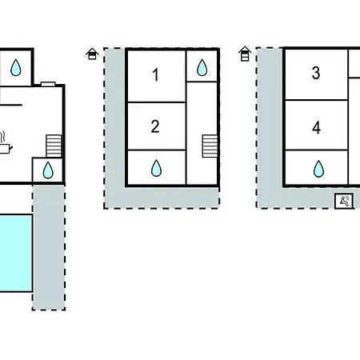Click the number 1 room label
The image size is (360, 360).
(x=156, y=74)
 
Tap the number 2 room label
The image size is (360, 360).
(x=155, y=126)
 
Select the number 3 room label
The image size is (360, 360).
(x=316, y=73)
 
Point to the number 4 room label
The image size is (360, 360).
(x=316, y=127)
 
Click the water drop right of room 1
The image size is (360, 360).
(x=202, y=67)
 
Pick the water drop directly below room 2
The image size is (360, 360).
(x=156, y=168)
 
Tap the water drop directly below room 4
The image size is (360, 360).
(x=318, y=169)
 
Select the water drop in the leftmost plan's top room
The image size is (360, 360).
(x=16, y=67)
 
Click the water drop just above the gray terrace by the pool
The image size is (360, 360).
(x=48, y=170)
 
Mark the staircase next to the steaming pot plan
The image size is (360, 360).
(x=54, y=146)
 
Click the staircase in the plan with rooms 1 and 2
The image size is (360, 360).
(x=210, y=146)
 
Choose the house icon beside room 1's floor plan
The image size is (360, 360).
(x=92, y=54)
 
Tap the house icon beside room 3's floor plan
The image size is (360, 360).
(x=245, y=54)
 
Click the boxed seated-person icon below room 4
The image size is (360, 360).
(x=344, y=201)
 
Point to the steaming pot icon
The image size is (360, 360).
(x=5, y=143)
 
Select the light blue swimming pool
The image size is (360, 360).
(x=16, y=253)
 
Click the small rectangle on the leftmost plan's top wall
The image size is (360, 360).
(x=48, y=84)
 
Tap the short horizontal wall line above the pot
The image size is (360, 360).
(x=11, y=105)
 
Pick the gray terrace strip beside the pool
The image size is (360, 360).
(x=49, y=247)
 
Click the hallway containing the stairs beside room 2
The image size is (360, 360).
(x=202, y=133)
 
